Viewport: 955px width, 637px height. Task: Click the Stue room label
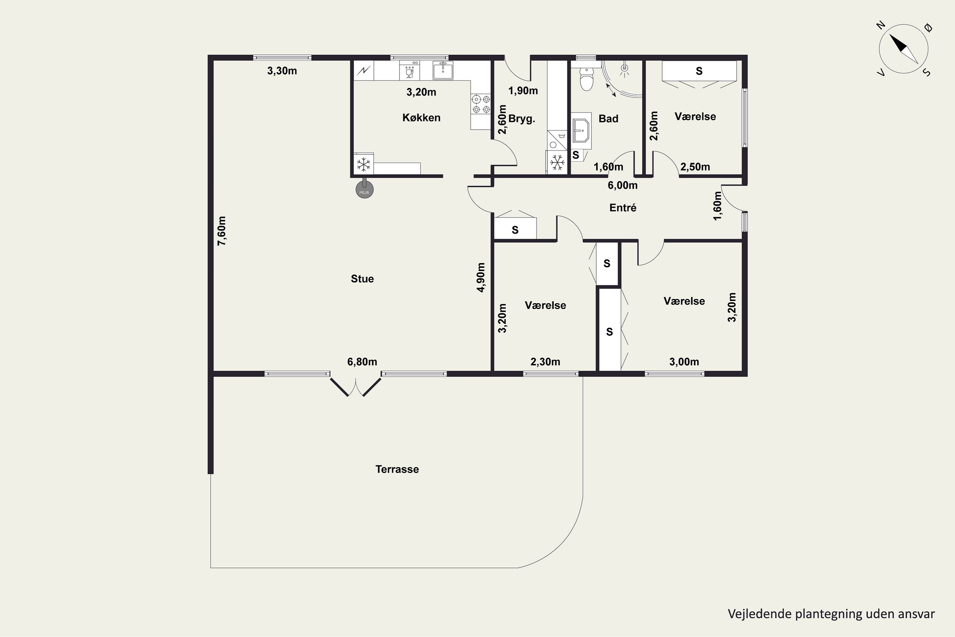pyautogui.click(x=362, y=279)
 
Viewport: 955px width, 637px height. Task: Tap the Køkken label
pyautogui.click(x=421, y=118)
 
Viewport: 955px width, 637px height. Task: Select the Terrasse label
pyautogui.click(x=397, y=469)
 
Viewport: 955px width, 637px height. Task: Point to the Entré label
pyautogui.click(x=623, y=208)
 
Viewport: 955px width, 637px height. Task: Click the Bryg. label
pyautogui.click(x=522, y=119)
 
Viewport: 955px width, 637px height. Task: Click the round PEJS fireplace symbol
pyautogui.click(x=364, y=190)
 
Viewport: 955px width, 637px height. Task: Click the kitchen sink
pyautogui.click(x=442, y=70)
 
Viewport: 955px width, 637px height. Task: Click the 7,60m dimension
pyautogui.click(x=222, y=231)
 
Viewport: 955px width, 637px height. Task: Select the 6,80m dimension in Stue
pyautogui.click(x=362, y=361)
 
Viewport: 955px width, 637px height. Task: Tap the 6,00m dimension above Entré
pyautogui.click(x=622, y=185)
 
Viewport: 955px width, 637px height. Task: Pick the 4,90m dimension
pyautogui.click(x=481, y=277)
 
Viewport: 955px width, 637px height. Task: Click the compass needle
pyautogui.click(x=904, y=49)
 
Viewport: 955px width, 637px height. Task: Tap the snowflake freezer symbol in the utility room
pyautogui.click(x=557, y=162)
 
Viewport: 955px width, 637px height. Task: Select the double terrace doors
pyautogui.click(x=356, y=386)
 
